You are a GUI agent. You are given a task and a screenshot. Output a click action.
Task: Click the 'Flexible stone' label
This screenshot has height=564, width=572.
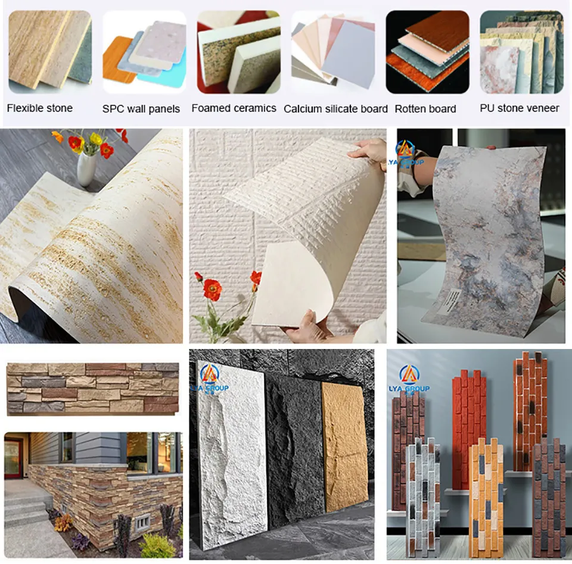click(39, 108)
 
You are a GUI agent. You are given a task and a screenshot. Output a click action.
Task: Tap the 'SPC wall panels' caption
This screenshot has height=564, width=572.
click(141, 109)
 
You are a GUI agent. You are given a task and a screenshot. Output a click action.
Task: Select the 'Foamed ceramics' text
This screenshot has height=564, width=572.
click(234, 108)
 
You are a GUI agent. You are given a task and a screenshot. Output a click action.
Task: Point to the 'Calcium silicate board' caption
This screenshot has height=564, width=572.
click(335, 109)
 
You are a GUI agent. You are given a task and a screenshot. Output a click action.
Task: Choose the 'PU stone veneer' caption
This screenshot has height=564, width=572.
click(519, 108)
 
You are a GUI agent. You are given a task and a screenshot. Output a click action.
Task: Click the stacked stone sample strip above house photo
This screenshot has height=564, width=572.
click(92, 388)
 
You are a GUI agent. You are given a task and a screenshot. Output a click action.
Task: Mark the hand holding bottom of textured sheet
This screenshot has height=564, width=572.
click(310, 325)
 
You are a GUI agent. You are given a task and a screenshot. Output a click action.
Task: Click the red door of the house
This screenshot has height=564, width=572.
click(13, 458)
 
